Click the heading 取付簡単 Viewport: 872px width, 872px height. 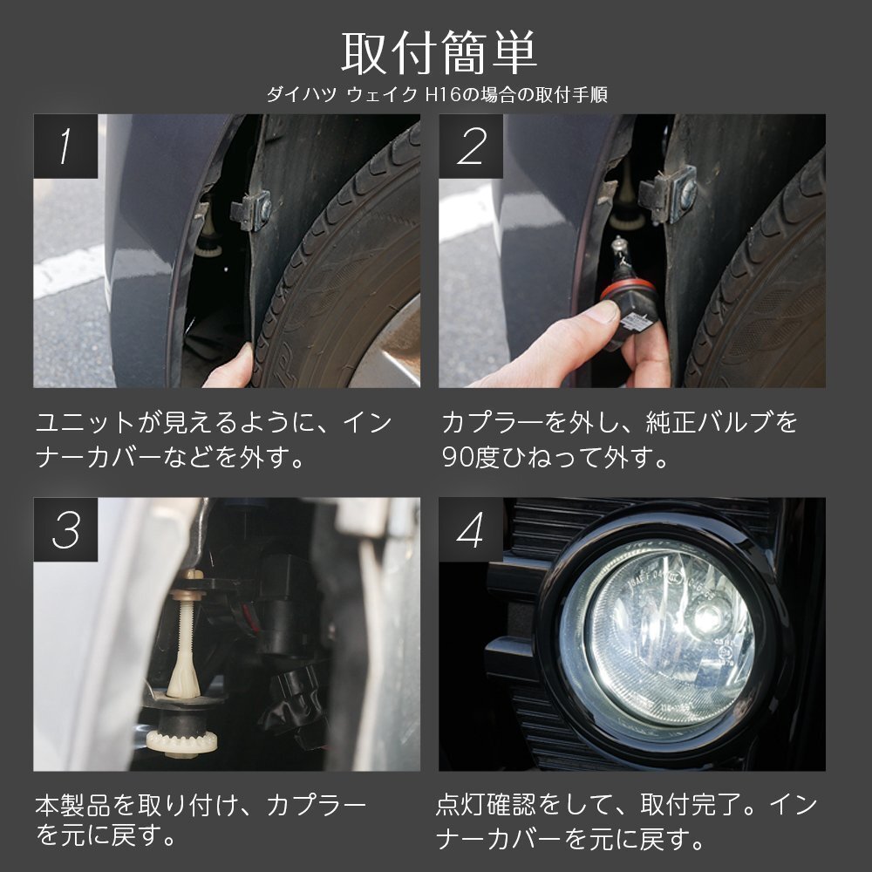[439, 53]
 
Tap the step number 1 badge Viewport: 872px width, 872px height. [65, 146]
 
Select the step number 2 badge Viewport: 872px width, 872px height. [471, 146]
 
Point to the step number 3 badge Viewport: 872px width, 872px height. [65, 529]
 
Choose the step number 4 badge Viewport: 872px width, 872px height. [471, 529]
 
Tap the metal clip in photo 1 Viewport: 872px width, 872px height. [251, 211]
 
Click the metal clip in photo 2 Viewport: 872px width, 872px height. [667, 194]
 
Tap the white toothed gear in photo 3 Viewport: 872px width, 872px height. [182, 741]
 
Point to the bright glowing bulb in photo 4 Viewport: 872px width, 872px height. [707, 615]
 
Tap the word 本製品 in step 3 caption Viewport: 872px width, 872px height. [73, 806]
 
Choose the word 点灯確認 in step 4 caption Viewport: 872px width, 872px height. [486, 805]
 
